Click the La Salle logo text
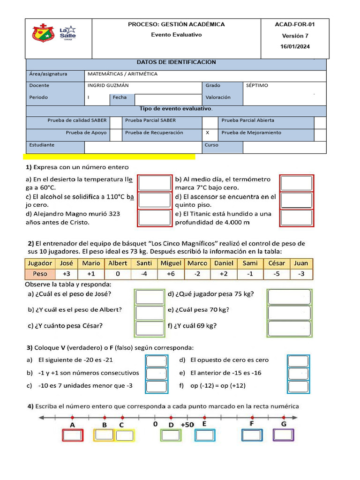[67, 33]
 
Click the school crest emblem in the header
[44, 33]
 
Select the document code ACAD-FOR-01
[295, 24]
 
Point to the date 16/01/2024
[295, 46]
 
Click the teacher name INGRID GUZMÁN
[108, 86]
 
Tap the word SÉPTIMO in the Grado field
[257, 86]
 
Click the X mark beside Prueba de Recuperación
[208, 133]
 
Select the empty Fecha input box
[167, 99]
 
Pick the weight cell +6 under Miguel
[171, 274]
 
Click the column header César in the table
[276, 263]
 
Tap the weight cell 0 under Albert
[118, 274]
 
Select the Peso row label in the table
[40, 274]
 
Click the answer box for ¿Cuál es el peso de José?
[149, 297]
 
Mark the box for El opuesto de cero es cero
[298, 361]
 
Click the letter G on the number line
[284, 425]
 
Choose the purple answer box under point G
[284, 435]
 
